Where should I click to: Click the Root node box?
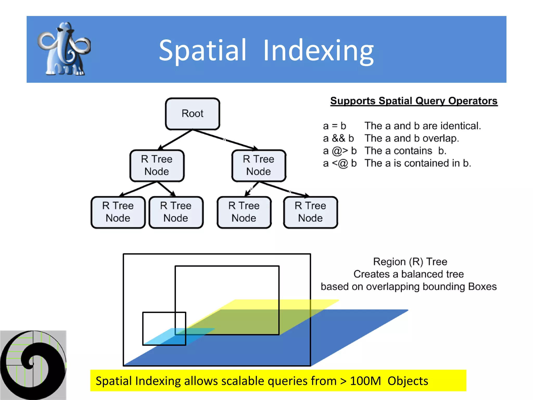pyautogui.click(x=192, y=114)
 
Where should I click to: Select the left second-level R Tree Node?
pyautogui.click(x=157, y=165)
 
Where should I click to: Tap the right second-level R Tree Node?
pyautogui.click(x=259, y=165)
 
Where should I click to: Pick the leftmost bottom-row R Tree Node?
pyautogui.click(x=118, y=212)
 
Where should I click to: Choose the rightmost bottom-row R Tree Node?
pyautogui.click(x=310, y=212)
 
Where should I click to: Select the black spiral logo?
pyautogui.click(x=33, y=365)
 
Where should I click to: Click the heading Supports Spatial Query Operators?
pyautogui.click(x=414, y=101)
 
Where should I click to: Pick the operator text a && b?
pyautogui.click(x=338, y=138)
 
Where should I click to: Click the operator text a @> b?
pyautogui.click(x=339, y=151)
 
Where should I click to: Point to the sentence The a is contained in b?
pyautogui.click(x=417, y=163)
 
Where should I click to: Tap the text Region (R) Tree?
pyautogui.click(x=410, y=262)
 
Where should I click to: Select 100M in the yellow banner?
pyautogui.click(x=365, y=381)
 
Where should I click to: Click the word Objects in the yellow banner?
pyautogui.click(x=408, y=381)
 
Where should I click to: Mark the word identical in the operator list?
pyautogui.click(x=460, y=126)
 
